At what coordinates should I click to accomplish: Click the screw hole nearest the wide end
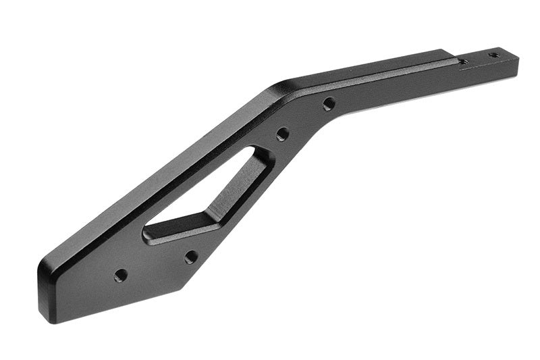tap(121, 275)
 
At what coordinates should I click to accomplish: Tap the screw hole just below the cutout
tap(191, 257)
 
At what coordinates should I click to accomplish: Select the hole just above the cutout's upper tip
tap(283, 133)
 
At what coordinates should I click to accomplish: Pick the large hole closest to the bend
tap(329, 104)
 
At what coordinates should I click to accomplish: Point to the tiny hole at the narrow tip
tap(494, 54)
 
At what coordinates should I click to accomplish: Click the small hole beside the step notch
tap(464, 61)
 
